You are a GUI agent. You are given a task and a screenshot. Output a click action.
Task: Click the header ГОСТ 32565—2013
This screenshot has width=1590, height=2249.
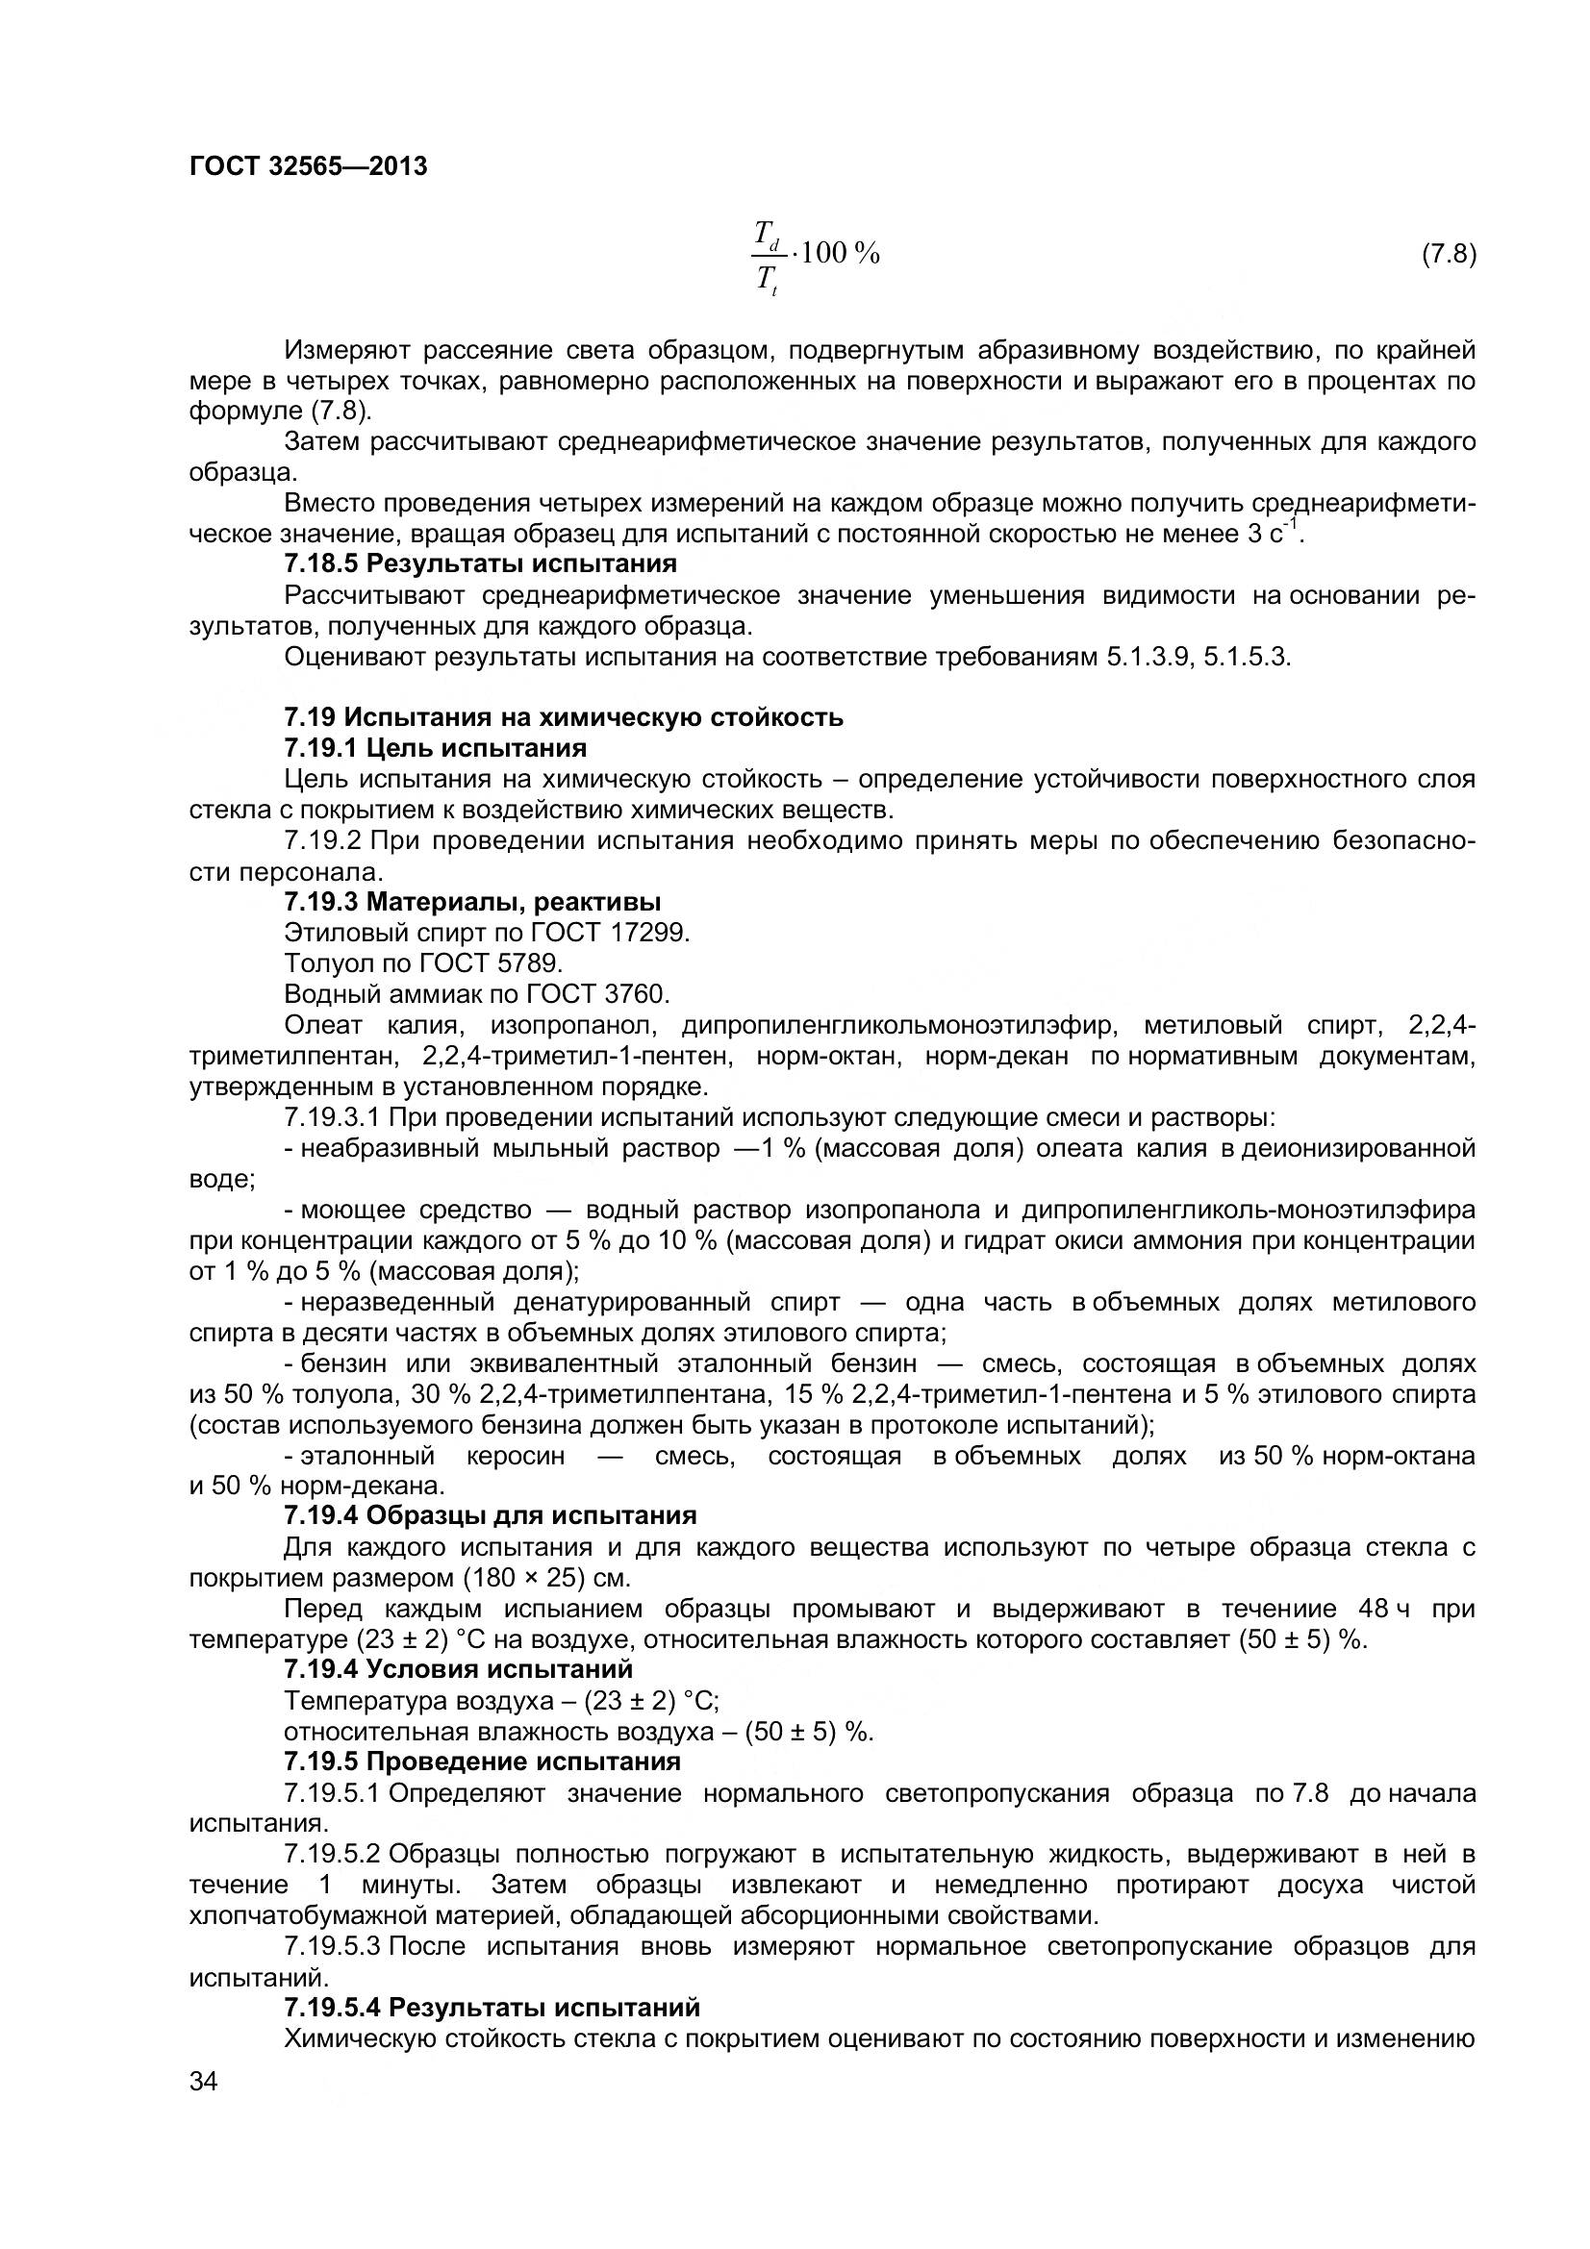tap(308, 166)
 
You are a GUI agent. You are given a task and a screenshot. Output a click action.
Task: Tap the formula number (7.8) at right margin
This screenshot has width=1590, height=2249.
tap(1448, 255)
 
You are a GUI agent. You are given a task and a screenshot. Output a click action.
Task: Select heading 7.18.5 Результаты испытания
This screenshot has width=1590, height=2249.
tap(480, 564)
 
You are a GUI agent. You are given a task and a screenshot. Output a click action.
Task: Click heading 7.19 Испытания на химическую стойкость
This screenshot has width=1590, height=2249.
tap(564, 717)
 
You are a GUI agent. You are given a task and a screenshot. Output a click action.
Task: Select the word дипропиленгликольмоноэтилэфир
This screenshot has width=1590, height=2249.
tap(898, 1026)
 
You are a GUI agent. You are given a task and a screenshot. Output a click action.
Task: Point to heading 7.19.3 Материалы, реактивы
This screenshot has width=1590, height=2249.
tap(472, 902)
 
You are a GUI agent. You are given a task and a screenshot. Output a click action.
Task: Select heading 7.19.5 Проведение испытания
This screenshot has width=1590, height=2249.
tap(482, 1762)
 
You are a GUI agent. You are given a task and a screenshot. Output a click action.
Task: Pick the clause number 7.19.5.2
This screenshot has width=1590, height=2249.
tap(331, 1853)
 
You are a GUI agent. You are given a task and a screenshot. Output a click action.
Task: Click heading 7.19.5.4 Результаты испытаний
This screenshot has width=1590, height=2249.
tap(492, 2007)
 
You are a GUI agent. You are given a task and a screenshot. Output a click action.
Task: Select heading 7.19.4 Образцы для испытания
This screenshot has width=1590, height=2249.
tap(490, 1515)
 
